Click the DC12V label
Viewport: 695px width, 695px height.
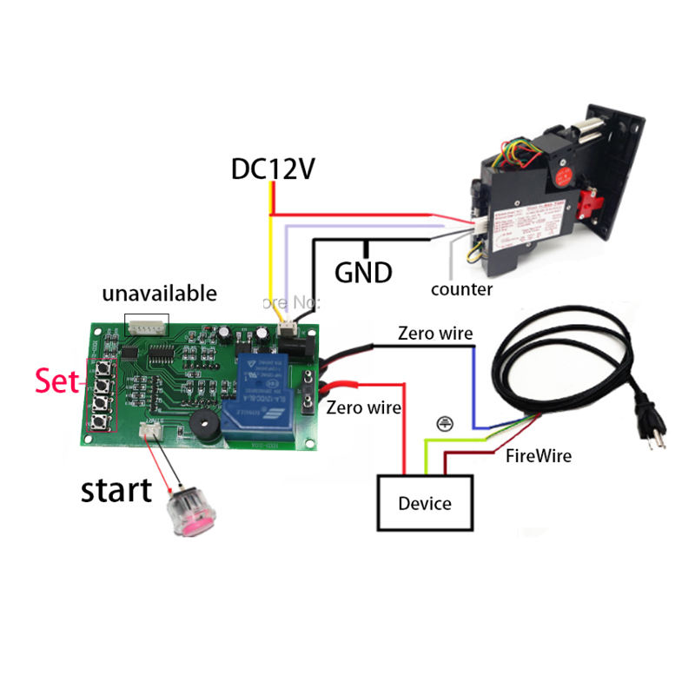(272, 168)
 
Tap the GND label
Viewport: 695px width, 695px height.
(363, 272)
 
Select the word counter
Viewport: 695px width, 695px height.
(461, 289)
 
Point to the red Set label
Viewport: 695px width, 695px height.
(56, 381)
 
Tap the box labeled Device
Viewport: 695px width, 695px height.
(425, 503)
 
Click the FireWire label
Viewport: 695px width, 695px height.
(539, 455)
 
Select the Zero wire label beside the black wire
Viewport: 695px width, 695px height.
(435, 333)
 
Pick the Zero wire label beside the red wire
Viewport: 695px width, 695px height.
(363, 407)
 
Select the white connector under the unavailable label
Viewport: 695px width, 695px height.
(147, 327)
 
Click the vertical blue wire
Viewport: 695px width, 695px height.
(474, 382)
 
